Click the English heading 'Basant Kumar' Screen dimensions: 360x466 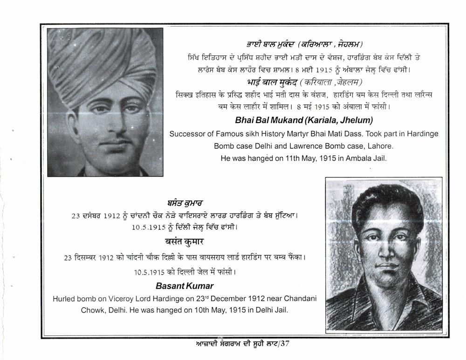pos(185,285)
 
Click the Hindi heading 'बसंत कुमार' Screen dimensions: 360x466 pos(185,242)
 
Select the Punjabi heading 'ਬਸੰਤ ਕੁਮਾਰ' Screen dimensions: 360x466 pos(185,203)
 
